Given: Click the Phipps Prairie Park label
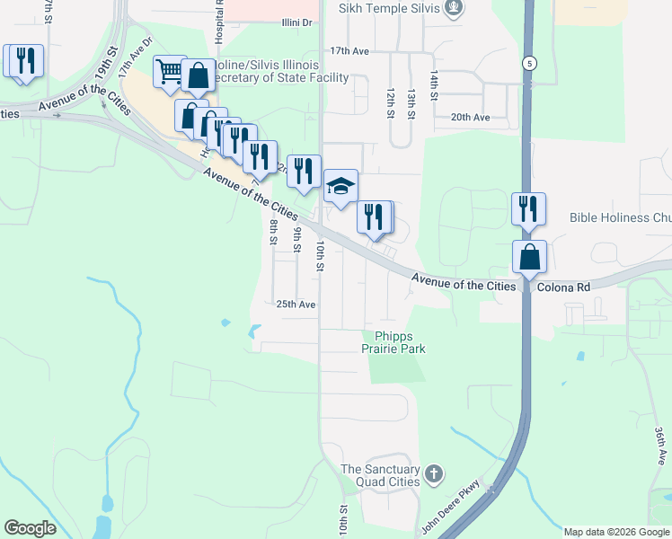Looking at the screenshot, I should (393, 342).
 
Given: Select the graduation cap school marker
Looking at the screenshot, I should (340, 187).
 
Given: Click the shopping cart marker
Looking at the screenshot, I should (170, 71).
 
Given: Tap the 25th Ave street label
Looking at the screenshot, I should (296, 305).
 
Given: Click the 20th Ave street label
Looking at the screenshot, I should (470, 118).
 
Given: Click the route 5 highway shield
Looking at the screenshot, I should (530, 64).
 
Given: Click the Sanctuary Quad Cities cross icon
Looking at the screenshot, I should (434, 473).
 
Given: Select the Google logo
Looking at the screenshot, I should (30, 528).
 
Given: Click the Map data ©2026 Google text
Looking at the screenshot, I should (616, 532).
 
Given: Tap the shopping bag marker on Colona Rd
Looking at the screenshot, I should (530, 256).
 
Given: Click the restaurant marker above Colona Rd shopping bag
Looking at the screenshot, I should (527, 208).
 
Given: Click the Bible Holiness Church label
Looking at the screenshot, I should (620, 217).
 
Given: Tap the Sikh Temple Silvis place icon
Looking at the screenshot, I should (455, 9).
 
